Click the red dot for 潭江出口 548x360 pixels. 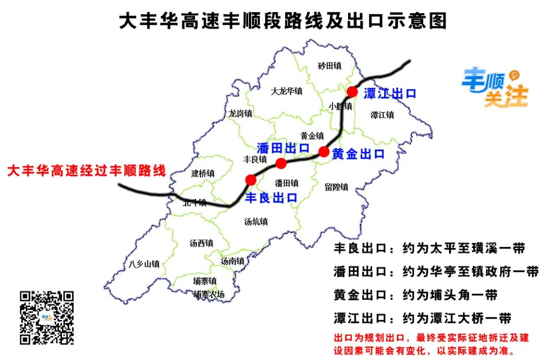tap(352, 92)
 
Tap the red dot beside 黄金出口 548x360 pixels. tap(324, 151)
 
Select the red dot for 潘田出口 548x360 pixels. tap(281, 163)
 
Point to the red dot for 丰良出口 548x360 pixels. tap(250, 179)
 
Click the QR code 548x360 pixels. tap(47, 317)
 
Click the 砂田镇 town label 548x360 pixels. tap(329, 66)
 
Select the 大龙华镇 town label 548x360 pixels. tap(287, 91)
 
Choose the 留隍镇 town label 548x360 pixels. tap(336, 187)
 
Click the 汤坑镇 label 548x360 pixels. tap(256, 222)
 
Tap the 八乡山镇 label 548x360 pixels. tap(144, 264)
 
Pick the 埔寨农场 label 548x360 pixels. tap(209, 295)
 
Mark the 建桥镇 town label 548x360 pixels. tap(202, 173)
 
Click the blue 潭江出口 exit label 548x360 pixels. tap(390, 94)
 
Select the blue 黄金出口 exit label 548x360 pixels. tap(358, 154)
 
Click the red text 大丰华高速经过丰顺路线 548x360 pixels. tap(87, 171)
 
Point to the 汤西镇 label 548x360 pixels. tap(201, 243)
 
